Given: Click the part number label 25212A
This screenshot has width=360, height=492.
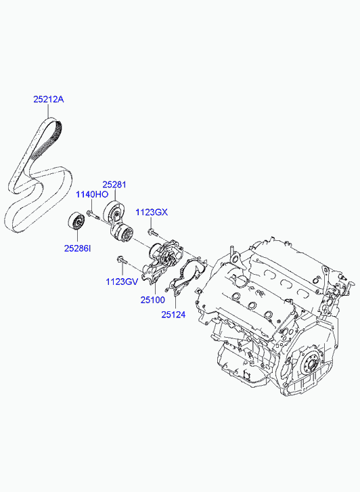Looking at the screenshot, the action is (x=49, y=99).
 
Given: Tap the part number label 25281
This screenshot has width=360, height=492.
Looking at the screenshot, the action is (x=114, y=185).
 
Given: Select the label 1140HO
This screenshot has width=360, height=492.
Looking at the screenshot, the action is (x=92, y=194).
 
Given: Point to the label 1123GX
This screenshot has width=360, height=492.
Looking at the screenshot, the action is (x=152, y=213).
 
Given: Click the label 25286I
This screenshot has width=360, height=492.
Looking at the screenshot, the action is (x=78, y=248).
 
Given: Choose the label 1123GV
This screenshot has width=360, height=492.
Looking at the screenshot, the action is (x=122, y=282).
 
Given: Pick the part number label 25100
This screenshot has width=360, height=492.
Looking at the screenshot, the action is (x=152, y=300).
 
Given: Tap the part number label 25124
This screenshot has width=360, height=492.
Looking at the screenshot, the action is (x=173, y=314).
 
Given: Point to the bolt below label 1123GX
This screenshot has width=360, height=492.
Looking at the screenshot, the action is (x=153, y=233).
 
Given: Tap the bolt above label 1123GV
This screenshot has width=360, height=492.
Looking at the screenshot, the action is (x=122, y=259).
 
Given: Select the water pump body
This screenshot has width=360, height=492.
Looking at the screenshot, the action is (x=162, y=261).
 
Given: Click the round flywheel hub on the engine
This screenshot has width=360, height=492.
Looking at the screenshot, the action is (x=310, y=365).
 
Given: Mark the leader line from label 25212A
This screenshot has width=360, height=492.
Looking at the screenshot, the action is (x=48, y=112).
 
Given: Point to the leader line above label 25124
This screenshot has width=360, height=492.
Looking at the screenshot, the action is (x=175, y=302).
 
